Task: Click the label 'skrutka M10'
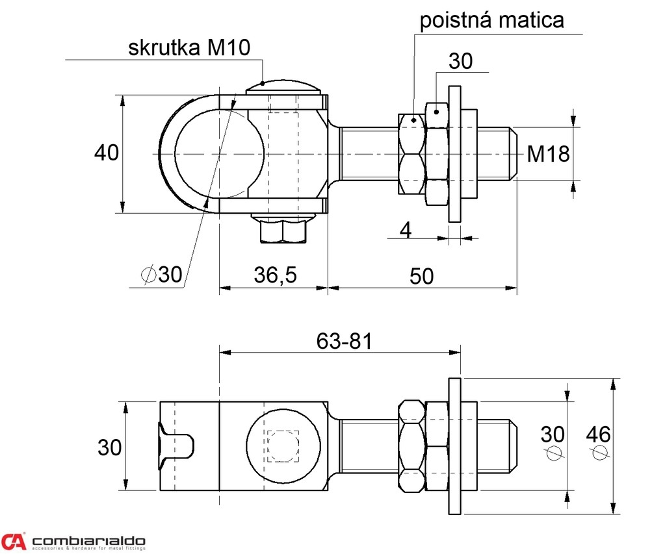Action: tap(189, 48)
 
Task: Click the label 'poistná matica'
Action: tap(491, 20)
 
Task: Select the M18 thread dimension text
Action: tap(548, 154)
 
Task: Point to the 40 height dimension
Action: tap(107, 153)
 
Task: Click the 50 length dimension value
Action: tap(422, 275)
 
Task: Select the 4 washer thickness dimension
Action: tap(405, 229)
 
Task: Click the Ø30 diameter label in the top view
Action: tap(161, 275)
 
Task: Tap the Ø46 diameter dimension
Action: tap(599, 443)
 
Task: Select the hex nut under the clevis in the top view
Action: tap(283, 230)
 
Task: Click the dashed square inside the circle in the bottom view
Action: tap(283, 446)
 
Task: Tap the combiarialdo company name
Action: tap(89, 541)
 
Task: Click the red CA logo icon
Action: tap(14, 541)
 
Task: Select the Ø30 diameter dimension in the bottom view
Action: tap(553, 443)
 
